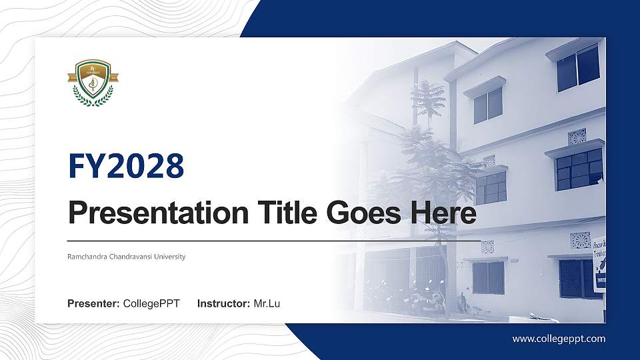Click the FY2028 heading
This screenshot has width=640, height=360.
point(126,166)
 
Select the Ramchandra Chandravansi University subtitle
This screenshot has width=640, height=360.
point(127,257)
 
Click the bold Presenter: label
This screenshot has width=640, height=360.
point(93,304)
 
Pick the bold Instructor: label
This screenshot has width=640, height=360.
point(224,304)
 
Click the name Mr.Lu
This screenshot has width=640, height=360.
point(267,304)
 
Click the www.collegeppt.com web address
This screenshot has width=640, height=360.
point(559,339)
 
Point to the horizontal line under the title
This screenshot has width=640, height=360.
point(273,240)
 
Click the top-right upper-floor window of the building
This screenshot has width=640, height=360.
point(577,68)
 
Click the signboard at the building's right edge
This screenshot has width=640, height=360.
point(599,263)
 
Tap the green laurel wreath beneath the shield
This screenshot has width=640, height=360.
point(93,100)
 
